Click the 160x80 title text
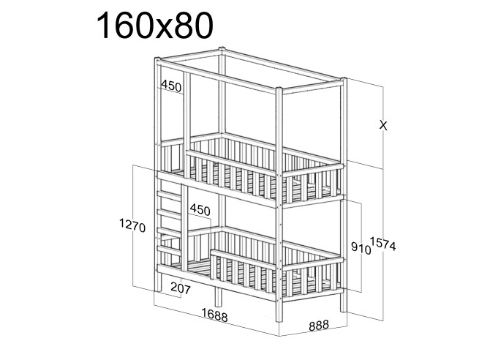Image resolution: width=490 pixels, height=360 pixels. click(x=155, y=26)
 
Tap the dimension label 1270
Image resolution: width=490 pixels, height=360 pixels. click(x=132, y=226)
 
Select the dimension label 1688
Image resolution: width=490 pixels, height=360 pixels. click(x=214, y=315)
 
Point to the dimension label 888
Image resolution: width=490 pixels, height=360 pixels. click(x=319, y=326)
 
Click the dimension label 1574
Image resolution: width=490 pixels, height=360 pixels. click(x=382, y=244)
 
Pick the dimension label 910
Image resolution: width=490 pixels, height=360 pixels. click(x=361, y=248)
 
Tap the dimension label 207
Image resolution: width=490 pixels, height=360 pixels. click(x=181, y=288)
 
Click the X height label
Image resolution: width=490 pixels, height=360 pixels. click(x=383, y=126)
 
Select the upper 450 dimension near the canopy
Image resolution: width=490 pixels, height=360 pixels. click(x=171, y=86)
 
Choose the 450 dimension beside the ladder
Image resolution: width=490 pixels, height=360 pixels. click(x=200, y=209)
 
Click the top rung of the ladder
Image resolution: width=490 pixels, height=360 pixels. click(x=169, y=195)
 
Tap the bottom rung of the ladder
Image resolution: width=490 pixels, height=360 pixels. click(x=169, y=250)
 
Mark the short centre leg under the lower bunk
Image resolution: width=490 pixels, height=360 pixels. click(x=218, y=297)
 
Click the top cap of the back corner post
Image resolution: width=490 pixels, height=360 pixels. click(x=222, y=49)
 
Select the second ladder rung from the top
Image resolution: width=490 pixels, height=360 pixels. click(x=169, y=214)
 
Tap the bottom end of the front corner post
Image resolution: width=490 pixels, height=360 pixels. click(x=279, y=321)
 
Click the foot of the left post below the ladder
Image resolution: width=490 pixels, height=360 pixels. click(x=159, y=290)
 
